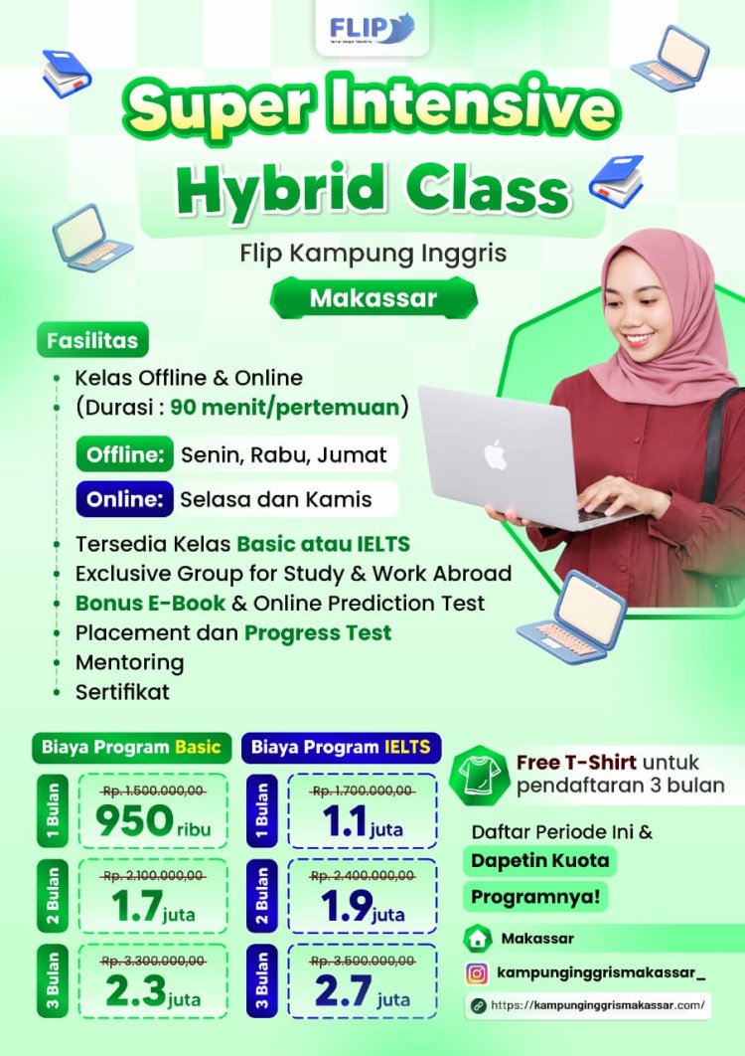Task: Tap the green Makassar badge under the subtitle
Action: point(372,298)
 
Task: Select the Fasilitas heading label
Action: point(92,340)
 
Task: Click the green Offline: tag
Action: point(124,455)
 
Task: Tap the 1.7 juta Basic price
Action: point(153,907)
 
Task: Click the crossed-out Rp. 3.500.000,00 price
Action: point(362,962)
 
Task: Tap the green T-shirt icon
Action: point(479,774)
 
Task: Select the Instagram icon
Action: point(478,973)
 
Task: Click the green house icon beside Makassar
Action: point(478,938)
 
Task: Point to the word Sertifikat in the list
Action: point(122,692)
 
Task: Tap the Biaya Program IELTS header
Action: point(341,747)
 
